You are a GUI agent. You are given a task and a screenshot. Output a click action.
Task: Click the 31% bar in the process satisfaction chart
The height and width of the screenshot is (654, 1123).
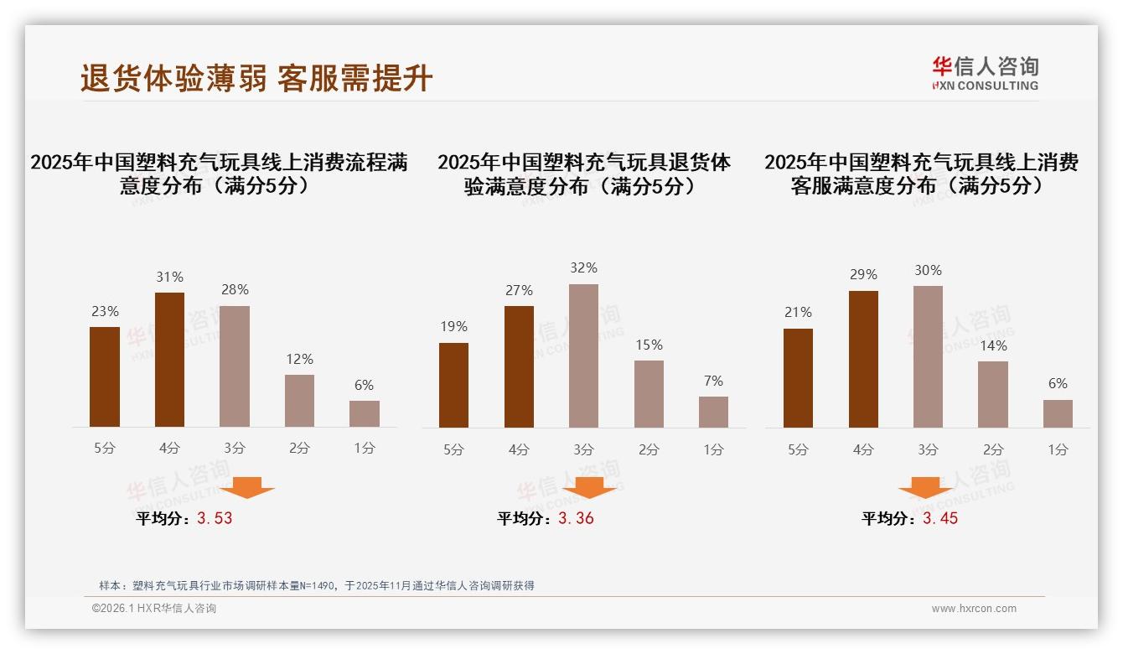169,360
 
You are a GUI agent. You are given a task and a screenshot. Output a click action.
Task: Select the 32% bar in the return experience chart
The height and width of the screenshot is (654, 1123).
583,356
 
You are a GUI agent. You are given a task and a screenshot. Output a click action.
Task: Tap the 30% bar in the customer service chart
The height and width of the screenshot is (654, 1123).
928,357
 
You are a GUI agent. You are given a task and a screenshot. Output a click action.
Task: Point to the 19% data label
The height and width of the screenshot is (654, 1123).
453,326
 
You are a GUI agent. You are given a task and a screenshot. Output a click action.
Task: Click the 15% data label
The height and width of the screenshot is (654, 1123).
649,345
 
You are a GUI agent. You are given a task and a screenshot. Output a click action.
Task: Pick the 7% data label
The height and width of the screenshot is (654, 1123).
713,381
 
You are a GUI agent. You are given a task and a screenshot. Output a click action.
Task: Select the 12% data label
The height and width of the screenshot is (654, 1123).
299,359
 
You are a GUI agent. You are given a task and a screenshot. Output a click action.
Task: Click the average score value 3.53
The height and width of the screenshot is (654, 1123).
215,518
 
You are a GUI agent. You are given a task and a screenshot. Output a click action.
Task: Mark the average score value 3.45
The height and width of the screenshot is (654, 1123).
940,518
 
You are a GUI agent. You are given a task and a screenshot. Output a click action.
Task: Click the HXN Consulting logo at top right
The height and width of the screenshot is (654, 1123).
985,73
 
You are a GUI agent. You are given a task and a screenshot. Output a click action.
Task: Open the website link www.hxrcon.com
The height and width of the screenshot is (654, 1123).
974,609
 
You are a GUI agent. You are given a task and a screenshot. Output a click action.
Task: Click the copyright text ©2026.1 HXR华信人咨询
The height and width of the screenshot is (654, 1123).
153,609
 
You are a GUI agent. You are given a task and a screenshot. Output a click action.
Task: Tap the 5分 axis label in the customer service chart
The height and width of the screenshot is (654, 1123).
798,449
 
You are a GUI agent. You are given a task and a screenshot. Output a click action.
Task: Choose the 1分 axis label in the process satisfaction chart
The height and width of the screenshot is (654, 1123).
365,448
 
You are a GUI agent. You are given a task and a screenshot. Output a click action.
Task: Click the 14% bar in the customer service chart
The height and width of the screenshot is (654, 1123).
993,394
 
